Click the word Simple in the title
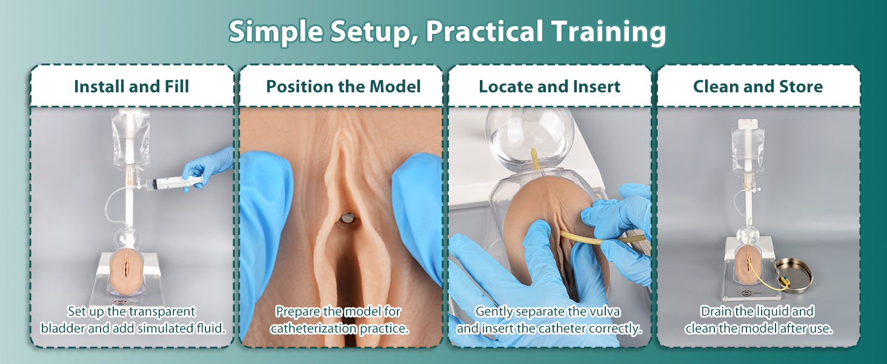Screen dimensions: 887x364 (276, 32)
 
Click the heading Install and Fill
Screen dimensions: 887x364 (131, 86)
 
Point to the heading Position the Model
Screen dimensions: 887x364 (343, 86)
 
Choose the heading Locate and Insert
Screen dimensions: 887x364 (550, 86)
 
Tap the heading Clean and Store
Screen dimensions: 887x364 (757, 86)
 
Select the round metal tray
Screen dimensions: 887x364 (794, 275)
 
